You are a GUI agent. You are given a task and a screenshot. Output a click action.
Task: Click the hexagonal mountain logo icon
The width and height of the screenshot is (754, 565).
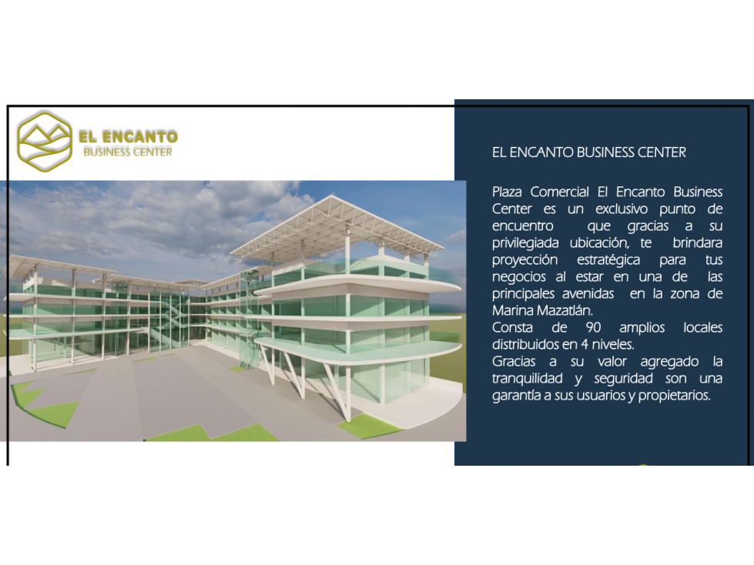(45, 142)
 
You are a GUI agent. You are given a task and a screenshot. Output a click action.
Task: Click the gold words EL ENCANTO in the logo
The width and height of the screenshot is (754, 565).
(129, 137)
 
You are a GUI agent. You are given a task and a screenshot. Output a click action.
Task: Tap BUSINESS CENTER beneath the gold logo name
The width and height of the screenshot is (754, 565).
(128, 152)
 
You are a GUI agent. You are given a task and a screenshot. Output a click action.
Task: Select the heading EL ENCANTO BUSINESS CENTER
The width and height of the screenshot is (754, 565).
(589, 152)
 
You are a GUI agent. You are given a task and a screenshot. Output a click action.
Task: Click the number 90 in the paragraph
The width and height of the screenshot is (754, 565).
(593, 328)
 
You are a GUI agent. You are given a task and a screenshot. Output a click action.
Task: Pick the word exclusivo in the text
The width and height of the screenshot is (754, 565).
(622, 209)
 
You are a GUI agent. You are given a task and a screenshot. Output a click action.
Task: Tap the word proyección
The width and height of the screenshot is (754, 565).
(524, 260)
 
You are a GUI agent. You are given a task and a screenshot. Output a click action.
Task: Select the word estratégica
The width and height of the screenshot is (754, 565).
(608, 260)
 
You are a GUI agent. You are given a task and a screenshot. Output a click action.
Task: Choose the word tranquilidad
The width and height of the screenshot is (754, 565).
(527, 379)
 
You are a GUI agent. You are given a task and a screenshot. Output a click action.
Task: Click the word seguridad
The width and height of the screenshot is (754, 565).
(623, 379)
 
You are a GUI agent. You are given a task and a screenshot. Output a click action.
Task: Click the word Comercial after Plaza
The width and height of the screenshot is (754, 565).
(559, 192)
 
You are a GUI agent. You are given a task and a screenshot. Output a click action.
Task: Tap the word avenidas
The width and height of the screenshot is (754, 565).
(588, 293)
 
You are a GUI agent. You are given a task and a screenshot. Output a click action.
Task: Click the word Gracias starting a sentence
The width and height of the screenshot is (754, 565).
(514, 362)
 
